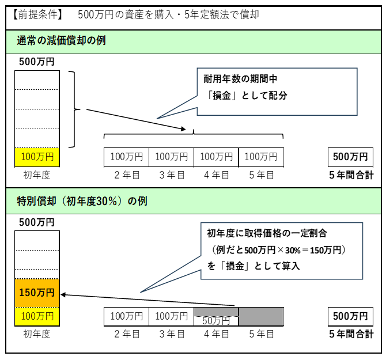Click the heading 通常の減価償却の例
click(61, 41)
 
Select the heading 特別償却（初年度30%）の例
click(82, 201)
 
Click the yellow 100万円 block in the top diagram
click(37, 156)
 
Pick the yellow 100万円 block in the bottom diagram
click(37, 316)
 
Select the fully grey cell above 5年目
click(261, 316)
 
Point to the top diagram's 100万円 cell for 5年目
click(261, 157)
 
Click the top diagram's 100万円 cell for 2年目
click(126, 157)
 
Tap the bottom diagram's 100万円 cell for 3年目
click(171, 316)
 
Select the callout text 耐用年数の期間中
click(241, 78)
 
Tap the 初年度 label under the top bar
click(37, 175)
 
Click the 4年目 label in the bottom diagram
click(217, 334)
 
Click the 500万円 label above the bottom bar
click(37, 222)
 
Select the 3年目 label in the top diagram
click(172, 175)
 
